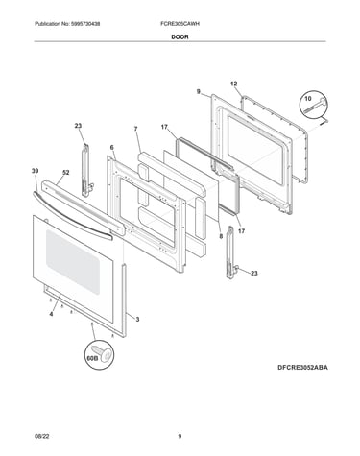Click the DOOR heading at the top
click(180, 36)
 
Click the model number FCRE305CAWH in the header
click(180, 24)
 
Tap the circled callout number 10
click(307, 99)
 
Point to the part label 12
click(234, 84)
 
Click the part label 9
click(199, 92)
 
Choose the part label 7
click(136, 129)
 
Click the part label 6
click(112, 147)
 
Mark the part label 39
click(35, 171)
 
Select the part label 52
click(65, 173)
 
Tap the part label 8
click(221, 237)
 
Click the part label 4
click(51, 314)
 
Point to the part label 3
click(137, 319)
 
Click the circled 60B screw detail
click(100, 355)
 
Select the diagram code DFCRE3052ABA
click(302, 368)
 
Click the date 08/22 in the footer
click(42, 436)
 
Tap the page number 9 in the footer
click(180, 436)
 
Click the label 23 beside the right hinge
click(254, 274)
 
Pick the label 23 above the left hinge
click(78, 126)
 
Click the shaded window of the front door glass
click(73, 262)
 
